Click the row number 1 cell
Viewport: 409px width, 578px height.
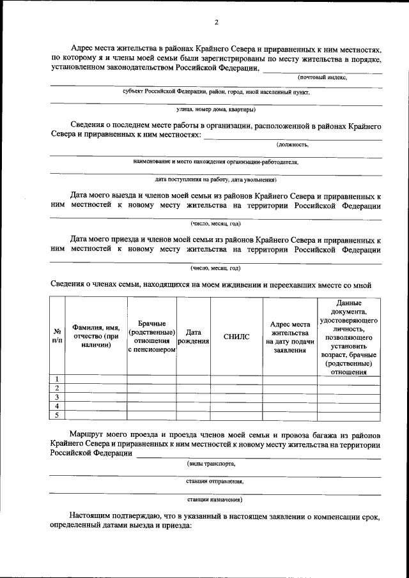pos(58,379)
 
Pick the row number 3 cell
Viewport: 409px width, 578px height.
pos(58,397)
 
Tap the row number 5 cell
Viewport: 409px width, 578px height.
pos(58,416)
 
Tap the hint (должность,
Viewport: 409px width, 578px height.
pos(297,144)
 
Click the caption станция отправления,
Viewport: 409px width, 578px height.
pos(215,481)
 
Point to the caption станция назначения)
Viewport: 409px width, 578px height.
pos(215,499)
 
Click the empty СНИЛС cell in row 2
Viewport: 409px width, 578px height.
pos(236,388)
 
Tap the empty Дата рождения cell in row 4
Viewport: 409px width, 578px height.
pos(194,406)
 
